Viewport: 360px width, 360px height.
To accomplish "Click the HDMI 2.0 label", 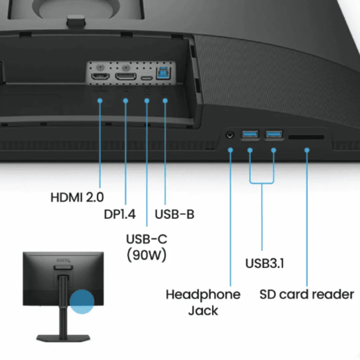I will coord(77,197).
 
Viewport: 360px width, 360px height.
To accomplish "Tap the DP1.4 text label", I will coord(120,214).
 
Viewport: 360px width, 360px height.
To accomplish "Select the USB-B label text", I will coord(174,214).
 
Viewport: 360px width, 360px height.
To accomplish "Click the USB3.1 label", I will coord(265,263).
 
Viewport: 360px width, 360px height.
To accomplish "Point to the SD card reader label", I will coord(306,294).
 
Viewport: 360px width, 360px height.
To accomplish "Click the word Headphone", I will coord(203,294).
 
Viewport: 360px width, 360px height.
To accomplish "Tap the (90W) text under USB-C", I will coord(146,255).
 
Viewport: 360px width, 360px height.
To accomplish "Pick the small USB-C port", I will coord(146,78).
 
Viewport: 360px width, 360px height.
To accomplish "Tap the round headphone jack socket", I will coord(230,135).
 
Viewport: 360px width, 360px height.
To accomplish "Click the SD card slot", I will coord(306,137).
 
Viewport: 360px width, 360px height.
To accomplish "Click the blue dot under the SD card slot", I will coord(307,150).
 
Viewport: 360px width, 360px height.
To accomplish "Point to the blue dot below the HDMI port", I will coord(100,100).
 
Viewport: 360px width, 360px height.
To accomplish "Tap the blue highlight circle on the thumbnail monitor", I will coord(82,301).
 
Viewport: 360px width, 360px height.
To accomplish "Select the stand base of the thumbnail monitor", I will coord(63,338).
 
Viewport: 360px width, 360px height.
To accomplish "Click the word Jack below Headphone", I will coord(203,310).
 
